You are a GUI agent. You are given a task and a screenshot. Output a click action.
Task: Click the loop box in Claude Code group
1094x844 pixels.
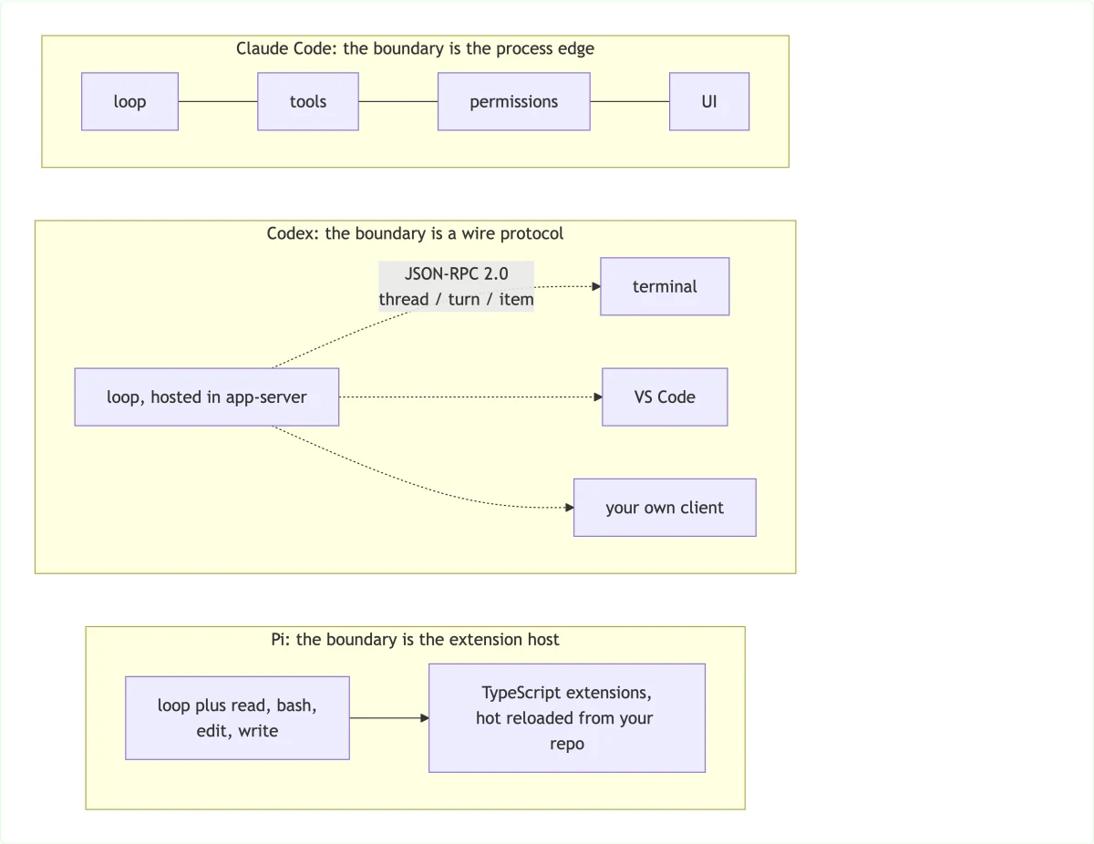tap(129, 101)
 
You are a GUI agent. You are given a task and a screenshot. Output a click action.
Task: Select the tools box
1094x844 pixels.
tap(308, 101)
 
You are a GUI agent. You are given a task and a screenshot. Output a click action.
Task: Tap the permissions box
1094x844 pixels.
tap(514, 101)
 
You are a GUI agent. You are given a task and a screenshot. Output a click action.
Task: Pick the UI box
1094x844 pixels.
tap(709, 101)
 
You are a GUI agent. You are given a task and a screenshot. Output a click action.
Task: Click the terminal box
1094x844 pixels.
tap(665, 286)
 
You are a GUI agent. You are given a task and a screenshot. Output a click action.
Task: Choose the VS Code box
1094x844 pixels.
tap(665, 397)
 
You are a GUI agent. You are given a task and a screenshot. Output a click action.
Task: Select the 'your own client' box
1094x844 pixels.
tap(665, 508)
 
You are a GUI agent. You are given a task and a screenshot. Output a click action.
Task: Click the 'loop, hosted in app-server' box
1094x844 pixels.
tap(207, 397)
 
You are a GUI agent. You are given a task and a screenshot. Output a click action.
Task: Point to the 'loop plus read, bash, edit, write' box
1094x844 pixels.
tap(237, 717)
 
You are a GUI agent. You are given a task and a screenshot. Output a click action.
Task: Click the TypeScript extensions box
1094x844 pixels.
tap(567, 717)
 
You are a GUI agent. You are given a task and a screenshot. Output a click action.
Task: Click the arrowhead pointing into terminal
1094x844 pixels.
tap(596, 286)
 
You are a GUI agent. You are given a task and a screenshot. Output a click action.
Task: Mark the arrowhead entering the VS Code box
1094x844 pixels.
tap(598, 397)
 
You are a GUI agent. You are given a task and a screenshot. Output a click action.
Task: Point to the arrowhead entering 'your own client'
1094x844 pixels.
tap(570, 508)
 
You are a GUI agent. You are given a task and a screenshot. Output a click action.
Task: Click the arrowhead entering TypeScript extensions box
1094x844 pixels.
tap(425, 717)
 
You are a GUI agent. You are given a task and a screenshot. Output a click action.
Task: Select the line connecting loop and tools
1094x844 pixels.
tap(218, 101)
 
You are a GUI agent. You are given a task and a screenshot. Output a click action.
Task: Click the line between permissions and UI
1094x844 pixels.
tap(630, 101)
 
